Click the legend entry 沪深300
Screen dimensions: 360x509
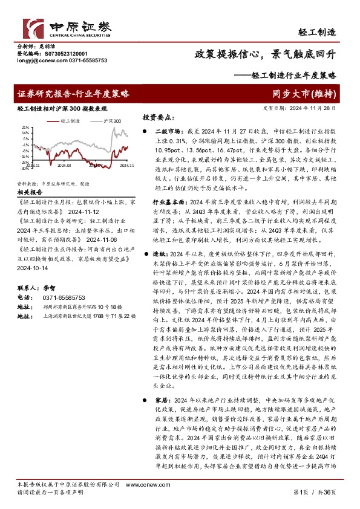point(110,121)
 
